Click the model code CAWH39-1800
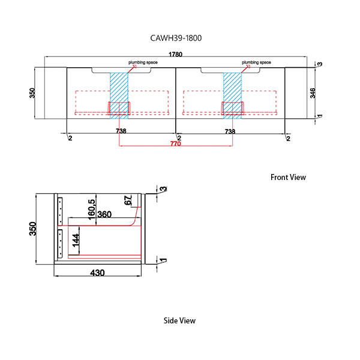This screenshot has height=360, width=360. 176,38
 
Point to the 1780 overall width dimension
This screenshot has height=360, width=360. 175,55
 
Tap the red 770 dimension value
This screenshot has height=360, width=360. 175,144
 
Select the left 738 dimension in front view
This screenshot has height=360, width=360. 121,131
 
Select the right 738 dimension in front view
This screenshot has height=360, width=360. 230,131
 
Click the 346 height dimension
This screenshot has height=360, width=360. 313,93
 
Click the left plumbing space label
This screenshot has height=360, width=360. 143,62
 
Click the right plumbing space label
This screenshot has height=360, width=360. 256,62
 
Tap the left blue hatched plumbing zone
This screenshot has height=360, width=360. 119,95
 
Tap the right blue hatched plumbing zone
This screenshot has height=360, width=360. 232,95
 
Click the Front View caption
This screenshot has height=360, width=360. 288,177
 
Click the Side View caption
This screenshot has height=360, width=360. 179,320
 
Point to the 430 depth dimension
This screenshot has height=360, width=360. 97,273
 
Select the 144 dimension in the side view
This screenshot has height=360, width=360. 76,241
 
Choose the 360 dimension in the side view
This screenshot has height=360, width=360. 104,214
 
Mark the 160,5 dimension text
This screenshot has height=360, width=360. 91,209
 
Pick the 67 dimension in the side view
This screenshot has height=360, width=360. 128,200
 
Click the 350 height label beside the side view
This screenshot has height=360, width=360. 33,229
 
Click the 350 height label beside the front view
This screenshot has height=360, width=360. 32,93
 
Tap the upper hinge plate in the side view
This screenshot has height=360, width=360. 60,211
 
